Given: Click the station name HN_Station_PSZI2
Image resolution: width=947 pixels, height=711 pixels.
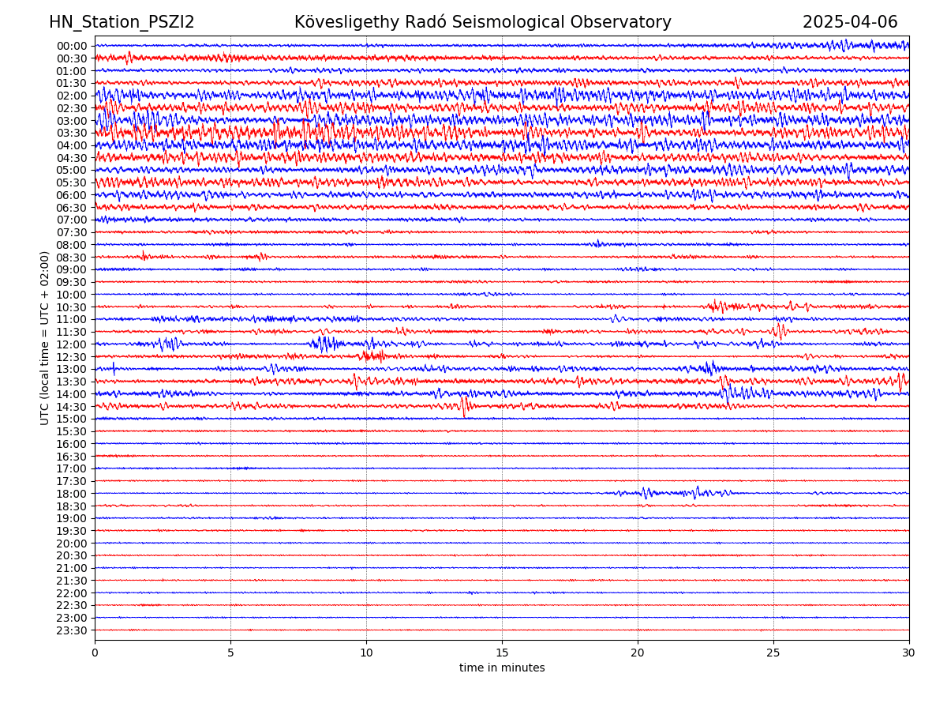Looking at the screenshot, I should click(122, 22).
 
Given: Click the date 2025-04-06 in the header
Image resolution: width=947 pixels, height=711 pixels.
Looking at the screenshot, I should click(850, 22).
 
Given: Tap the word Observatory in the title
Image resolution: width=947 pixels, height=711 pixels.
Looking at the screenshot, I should click(624, 22).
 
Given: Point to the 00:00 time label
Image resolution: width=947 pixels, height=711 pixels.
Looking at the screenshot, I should click(72, 46).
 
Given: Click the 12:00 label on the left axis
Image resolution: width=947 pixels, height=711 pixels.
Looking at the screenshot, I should click(72, 344).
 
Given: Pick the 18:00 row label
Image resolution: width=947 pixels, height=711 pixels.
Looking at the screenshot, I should click(72, 494).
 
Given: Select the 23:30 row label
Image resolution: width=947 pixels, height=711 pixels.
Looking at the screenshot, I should click(72, 630).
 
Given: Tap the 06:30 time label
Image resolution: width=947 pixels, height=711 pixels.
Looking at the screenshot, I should click(72, 208).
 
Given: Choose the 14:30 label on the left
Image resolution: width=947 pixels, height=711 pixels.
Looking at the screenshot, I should click(72, 407).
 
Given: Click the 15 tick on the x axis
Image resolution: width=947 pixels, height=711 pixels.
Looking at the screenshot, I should click(502, 653).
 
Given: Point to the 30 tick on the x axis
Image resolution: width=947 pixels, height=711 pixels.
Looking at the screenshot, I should click(909, 653).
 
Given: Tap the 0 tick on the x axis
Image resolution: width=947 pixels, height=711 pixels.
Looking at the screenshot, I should click(95, 653).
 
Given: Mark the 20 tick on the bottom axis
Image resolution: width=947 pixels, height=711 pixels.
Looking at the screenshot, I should click(638, 653).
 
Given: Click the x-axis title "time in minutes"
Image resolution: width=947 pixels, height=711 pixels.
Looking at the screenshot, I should click(502, 668).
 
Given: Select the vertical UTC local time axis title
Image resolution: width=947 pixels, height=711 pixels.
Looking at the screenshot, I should click(45, 337).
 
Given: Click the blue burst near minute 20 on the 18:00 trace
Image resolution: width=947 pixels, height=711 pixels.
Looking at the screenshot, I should click(646, 493).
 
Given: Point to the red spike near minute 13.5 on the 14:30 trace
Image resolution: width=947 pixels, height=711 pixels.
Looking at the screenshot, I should click(463, 406).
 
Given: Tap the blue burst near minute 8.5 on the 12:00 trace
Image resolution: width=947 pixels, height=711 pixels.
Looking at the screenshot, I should click(324, 344).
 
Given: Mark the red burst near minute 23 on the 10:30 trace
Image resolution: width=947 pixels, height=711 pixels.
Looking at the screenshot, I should click(718, 306).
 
